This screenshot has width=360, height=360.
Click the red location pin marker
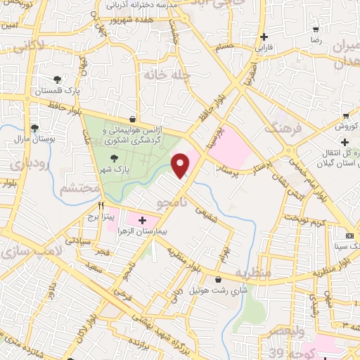point(181,165)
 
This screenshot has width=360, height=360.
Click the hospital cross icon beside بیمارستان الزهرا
point(142,220)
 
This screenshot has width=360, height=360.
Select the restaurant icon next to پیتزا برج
point(101,206)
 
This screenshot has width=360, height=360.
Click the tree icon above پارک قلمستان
point(56,79)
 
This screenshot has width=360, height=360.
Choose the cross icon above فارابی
point(264,37)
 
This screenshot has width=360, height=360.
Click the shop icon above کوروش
point(345,115)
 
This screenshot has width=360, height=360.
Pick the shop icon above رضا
point(316,30)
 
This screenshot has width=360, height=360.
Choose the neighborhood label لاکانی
point(25,50)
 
